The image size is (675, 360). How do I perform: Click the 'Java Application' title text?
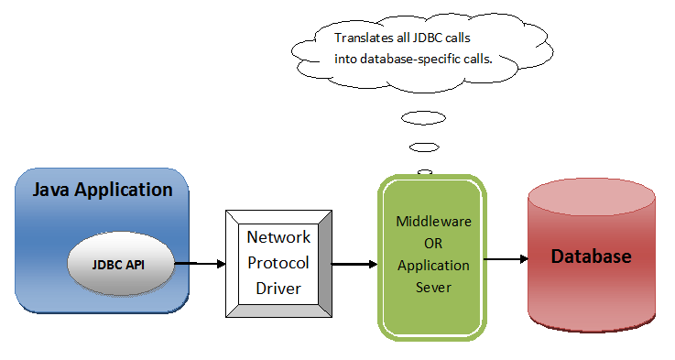coord(103,191)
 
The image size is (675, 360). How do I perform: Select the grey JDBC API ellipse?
coord(120,265)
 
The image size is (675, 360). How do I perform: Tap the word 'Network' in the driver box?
coord(278,237)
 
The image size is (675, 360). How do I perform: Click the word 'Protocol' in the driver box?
coord(278,262)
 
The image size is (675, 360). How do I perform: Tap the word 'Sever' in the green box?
coord(432,287)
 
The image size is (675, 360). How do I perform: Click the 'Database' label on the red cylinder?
coord(591,256)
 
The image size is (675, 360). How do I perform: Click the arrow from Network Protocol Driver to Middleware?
coord(354,265)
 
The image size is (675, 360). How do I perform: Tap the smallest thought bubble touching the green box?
coord(424,171)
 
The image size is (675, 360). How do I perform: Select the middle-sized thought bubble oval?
coord(424,147)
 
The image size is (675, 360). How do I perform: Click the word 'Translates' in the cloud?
coord(363,38)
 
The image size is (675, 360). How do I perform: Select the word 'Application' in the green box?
coord(432,266)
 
